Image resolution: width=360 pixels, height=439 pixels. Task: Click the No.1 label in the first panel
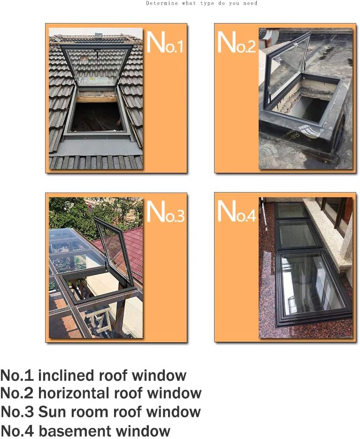click(x=165, y=42)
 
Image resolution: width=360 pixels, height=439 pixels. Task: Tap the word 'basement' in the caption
click(x=75, y=431)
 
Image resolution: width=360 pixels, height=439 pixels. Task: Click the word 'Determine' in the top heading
click(x=161, y=3)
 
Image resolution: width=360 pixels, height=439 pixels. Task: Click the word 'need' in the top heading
click(x=250, y=3)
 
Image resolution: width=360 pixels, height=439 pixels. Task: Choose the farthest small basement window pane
click(x=291, y=210)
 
